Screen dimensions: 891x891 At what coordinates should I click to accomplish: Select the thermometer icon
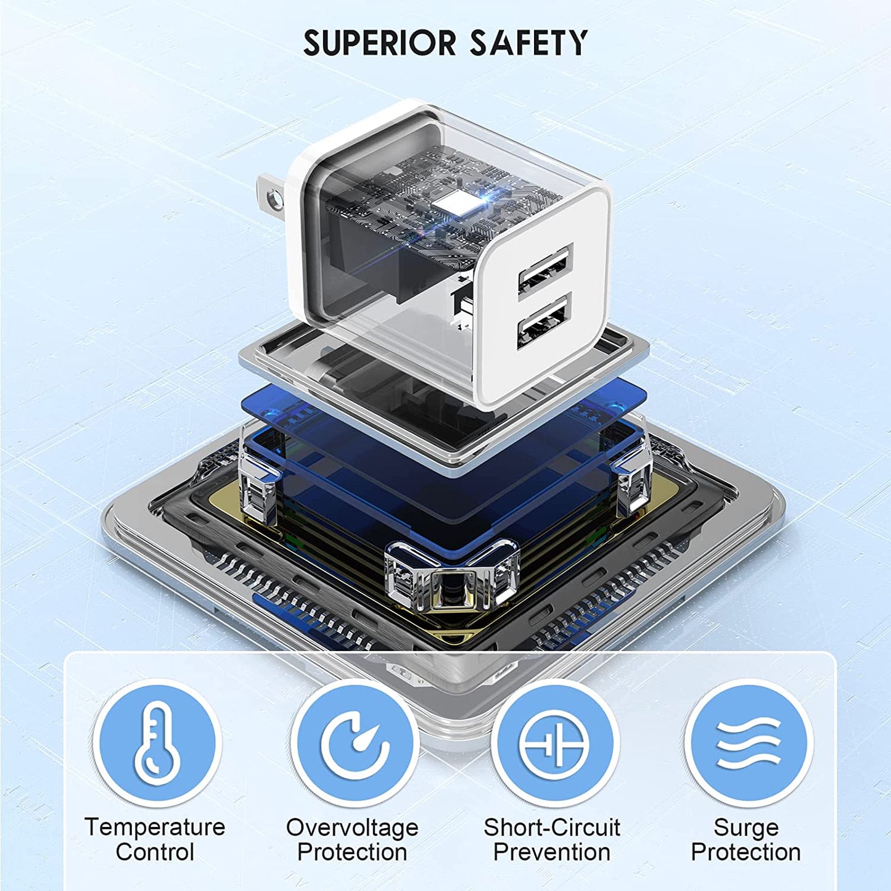pos(157,743)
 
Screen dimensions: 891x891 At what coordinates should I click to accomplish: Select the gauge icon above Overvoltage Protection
pos(354,743)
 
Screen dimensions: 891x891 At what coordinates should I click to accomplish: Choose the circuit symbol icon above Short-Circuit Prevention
pos(554,743)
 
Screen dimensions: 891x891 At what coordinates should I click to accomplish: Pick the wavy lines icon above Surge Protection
pos(747,743)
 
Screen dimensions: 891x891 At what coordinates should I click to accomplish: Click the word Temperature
pos(155,827)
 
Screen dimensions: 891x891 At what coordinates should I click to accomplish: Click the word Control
pos(155,852)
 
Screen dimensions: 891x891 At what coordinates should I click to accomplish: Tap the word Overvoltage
pos(352,827)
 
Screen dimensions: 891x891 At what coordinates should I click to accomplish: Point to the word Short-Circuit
pos(552,827)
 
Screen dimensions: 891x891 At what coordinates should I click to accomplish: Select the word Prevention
pos(552,852)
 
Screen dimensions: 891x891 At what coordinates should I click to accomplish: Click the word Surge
pos(746,827)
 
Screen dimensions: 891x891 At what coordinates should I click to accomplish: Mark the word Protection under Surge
pos(746,852)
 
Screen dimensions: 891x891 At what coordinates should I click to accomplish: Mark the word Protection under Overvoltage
pos(352,852)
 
